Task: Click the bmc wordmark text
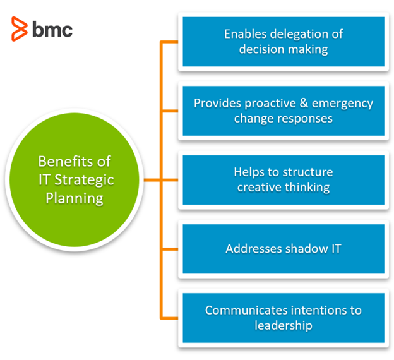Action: click(x=52, y=29)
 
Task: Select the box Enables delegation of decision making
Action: click(x=283, y=42)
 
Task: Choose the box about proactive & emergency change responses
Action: click(x=283, y=111)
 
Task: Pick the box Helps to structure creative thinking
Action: click(x=283, y=179)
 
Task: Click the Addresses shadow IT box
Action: click(x=283, y=248)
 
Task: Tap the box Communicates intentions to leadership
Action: click(x=283, y=318)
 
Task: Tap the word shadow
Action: click(x=306, y=248)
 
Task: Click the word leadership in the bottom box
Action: click(x=284, y=325)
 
